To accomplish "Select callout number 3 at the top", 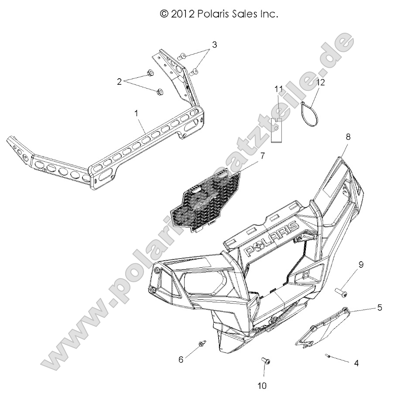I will click(214, 45).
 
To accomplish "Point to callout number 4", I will click(356, 363).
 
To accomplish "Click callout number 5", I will click(380, 308).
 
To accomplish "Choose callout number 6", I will click(181, 360).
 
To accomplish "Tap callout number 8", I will click(348, 137).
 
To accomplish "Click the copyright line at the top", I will click(219, 14).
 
